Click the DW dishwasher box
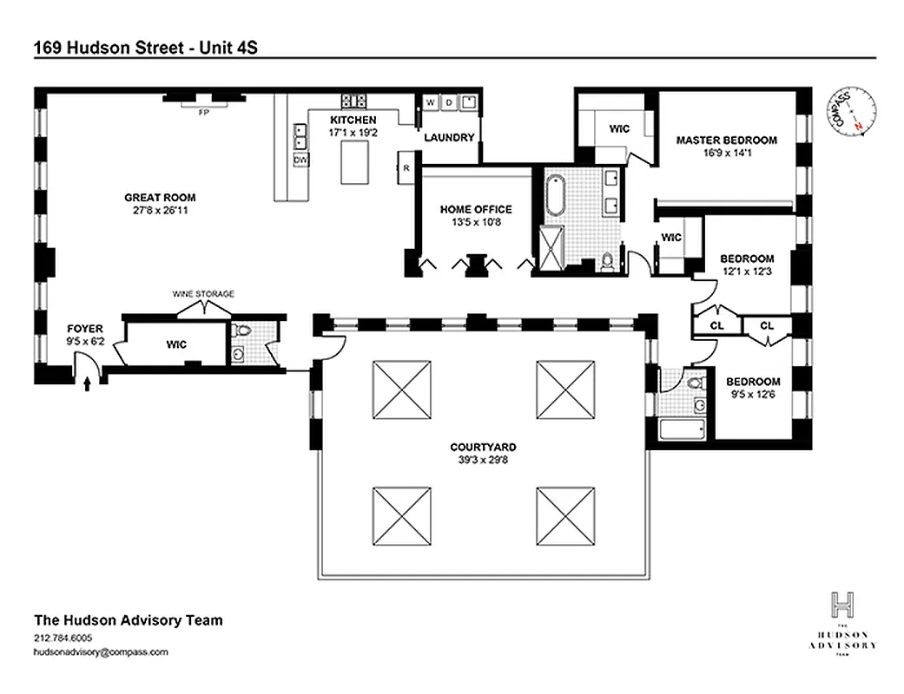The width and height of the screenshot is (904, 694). [x=300, y=160]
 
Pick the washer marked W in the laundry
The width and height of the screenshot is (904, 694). [x=430, y=103]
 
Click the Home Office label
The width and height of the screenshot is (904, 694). [x=475, y=209]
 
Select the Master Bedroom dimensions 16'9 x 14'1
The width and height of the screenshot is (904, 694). [x=727, y=153]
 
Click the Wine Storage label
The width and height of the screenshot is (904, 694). [x=203, y=294]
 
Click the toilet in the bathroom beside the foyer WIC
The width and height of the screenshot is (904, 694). [x=241, y=331]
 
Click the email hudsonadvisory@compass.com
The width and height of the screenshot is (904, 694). [x=101, y=651]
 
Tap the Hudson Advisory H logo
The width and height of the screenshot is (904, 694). [x=841, y=604]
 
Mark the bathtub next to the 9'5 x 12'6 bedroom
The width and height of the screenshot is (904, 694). [x=679, y=430]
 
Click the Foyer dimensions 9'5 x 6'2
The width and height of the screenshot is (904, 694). [x=85, y=342]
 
